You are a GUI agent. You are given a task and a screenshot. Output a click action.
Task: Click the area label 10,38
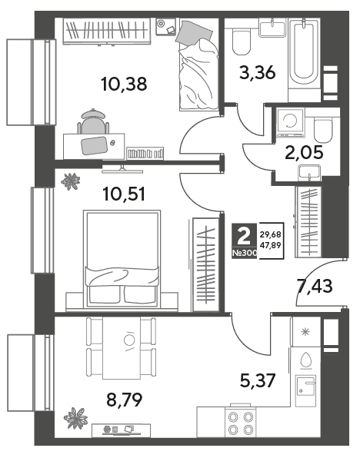pos(124,84)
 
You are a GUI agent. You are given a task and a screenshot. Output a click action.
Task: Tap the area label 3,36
pos(258,72)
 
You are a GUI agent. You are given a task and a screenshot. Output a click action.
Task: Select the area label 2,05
pos(304,152)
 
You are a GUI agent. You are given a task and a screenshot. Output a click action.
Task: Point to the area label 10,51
pos(124,194)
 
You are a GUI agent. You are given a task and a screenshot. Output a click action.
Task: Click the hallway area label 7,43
pos(314,286)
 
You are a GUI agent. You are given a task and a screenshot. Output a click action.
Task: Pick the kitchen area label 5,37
pos(258,381)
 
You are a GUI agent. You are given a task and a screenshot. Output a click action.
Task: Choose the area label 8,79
pos(125,400)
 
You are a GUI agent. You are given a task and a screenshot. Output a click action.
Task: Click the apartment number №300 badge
pos(245,253)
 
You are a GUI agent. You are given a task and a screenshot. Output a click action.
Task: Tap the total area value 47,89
pos(271,245)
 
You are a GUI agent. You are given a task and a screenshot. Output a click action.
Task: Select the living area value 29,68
pos(271,234)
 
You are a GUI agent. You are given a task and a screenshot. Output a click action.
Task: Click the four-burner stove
pos(241,422)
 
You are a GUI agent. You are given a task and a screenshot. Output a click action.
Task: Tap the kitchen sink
pos(305,391)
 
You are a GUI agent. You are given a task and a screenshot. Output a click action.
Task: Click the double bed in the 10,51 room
pos(122,259)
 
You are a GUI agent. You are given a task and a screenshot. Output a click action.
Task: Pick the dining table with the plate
pos(122,348)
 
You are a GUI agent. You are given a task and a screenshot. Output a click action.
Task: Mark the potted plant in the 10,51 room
pos(71,181)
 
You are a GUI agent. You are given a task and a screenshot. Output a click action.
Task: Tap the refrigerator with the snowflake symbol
pos(305,332)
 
